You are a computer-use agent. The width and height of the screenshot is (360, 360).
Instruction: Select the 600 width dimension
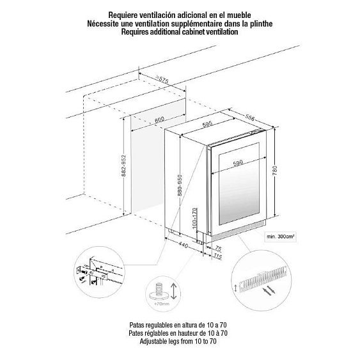point(159,120)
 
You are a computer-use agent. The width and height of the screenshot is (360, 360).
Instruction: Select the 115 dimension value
point(217,257)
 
